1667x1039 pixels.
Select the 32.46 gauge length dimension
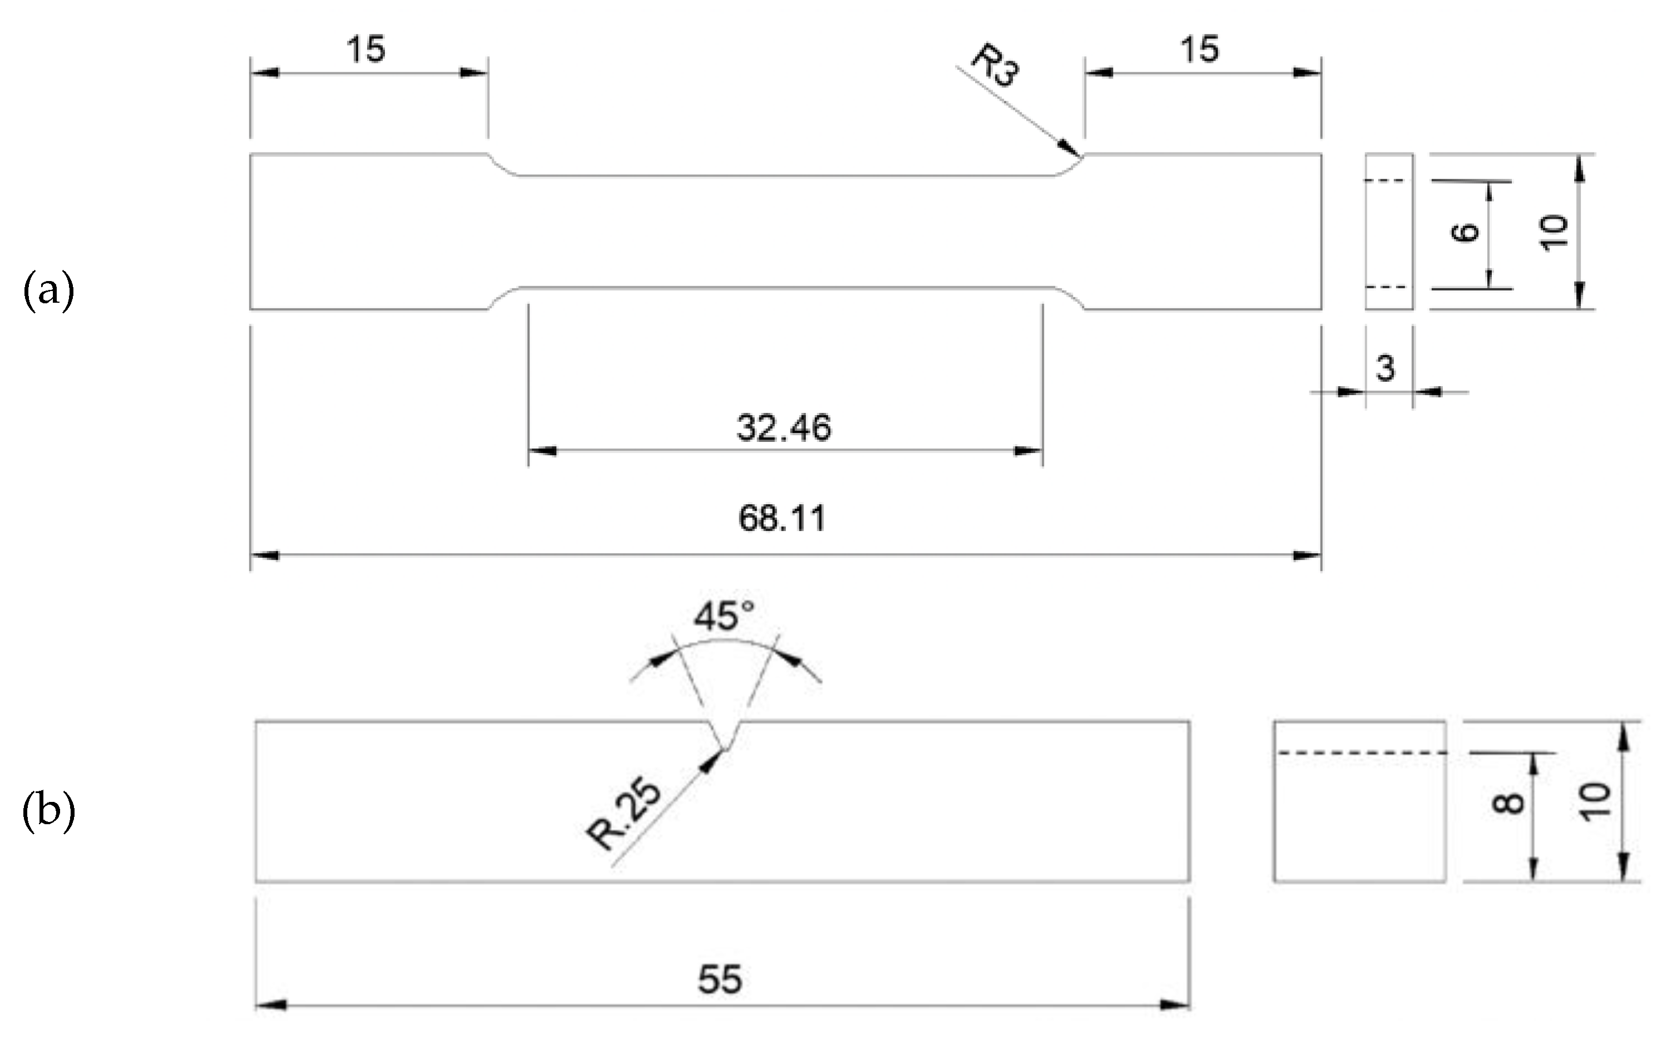point(784,427)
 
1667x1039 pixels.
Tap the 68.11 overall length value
point(781,518)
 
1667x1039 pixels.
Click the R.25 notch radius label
point(624,816)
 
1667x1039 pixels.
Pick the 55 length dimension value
point(720,979)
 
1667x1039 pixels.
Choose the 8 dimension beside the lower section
point(1508,802)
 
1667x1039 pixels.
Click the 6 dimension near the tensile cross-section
point(1465,232)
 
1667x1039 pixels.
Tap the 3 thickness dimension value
point(1386,368)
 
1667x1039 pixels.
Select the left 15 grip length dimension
point(365,50)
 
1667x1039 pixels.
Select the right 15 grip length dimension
point(1199,50)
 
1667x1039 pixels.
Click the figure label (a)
point(48,290)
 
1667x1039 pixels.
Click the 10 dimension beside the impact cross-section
point(1594,801)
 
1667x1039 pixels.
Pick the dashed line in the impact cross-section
point(1360,754)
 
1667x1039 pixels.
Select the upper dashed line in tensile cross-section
point(1386,181)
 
